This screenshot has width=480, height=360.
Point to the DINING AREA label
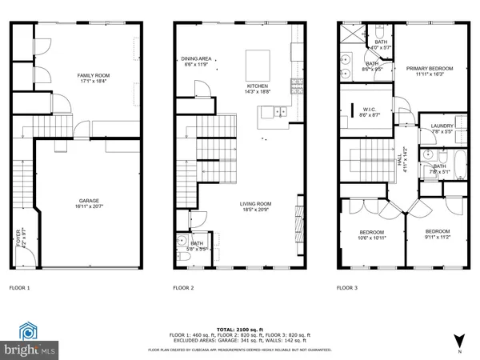click(196, 58)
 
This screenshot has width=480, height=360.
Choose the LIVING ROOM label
click(256, 203)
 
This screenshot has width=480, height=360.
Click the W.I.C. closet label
click(369, 110)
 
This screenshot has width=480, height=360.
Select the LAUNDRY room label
click(442, 126)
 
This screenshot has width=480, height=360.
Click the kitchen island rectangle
click(258, 62)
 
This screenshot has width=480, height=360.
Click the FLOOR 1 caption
click(19, 287)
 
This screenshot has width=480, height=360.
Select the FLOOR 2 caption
click(184, 287)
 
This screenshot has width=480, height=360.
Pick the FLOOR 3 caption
click(346, 287)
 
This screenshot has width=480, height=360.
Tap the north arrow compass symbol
click(458, 339)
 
